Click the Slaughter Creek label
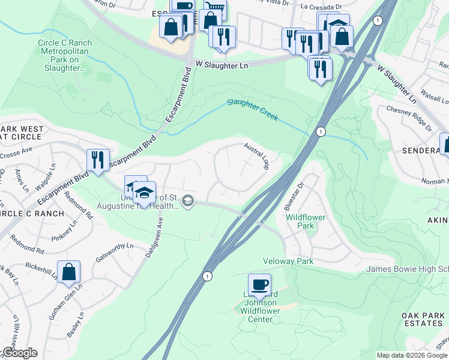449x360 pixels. point(252,110)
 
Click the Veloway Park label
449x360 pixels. point(288,262)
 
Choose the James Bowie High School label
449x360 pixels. point(407,269)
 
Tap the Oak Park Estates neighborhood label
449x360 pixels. point(422,319)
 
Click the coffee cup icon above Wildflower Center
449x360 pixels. point(259,284)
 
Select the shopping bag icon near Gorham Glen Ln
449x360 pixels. point(69,271)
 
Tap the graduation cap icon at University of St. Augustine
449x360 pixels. point(144,192)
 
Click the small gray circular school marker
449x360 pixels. point(188,201)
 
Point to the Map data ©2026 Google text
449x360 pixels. point(412,355)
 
